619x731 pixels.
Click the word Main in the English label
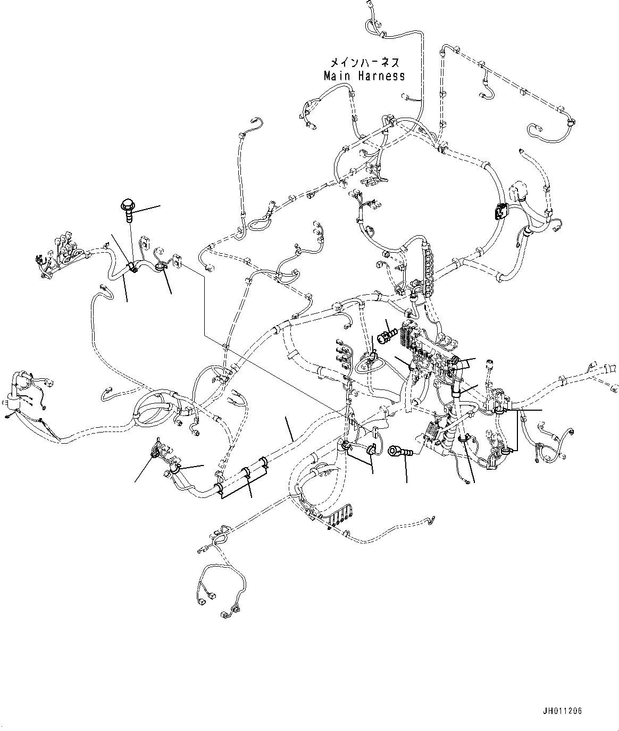click(x=337, y=76)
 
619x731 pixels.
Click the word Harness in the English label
click(x=381, y=76)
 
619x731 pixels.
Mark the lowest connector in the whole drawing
click(x=227, y=616)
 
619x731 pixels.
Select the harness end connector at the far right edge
click(x=610, y=369)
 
